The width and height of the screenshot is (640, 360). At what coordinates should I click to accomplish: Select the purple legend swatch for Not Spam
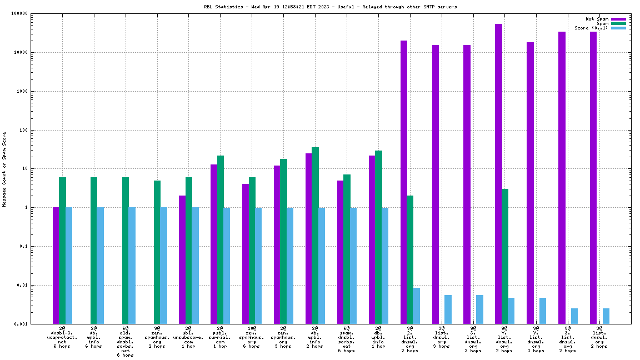(x=618, y=19)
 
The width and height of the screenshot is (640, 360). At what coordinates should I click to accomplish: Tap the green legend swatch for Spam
(x=618, y=23)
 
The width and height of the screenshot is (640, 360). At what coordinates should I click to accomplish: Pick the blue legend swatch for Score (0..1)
(x=618, y=28)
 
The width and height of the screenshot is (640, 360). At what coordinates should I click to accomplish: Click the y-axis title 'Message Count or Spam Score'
(x=4, y=169)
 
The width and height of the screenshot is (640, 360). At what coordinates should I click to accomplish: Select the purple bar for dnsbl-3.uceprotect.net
(x=56, y=266)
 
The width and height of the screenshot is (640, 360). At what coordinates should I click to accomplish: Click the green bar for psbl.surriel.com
(x=221, y=239)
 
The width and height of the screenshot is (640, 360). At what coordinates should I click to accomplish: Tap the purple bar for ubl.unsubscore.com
(x=182, y=259)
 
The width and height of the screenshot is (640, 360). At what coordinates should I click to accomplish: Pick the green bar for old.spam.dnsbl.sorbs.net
(x=126, y=251)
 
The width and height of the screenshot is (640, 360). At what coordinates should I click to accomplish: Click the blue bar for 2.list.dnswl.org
(x=416, y=306)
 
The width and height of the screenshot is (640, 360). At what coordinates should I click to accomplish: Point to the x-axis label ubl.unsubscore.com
(x=189, y=337)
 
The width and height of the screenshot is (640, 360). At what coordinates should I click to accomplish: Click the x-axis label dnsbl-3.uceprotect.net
(x=62, y=337)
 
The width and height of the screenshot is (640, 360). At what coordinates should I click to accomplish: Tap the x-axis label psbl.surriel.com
(x=220, y=337)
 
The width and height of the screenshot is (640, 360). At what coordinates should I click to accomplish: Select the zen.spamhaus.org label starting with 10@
(x=252, y=337)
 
